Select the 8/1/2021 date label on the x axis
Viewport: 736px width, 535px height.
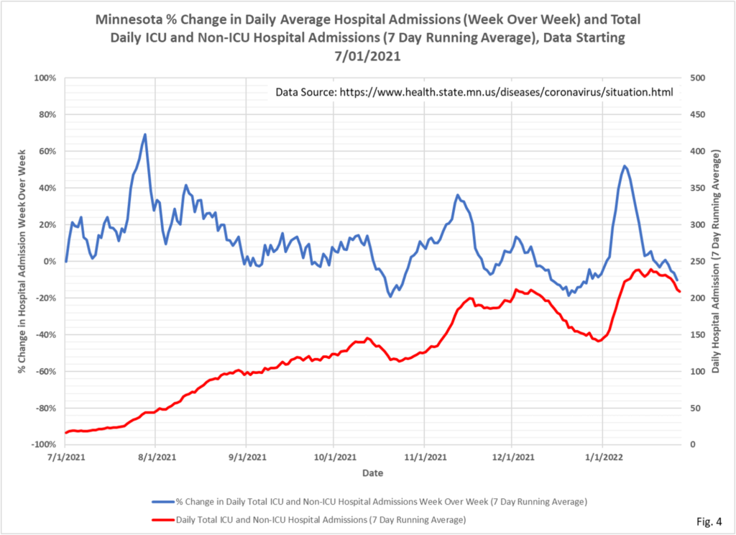point(155,457)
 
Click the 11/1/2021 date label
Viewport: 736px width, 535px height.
point(423,457)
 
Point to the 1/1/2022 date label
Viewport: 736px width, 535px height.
point(602,457)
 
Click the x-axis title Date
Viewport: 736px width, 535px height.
point(372,473)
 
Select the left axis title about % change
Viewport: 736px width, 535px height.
point(23,260)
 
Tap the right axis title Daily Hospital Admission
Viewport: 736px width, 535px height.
point(716,260)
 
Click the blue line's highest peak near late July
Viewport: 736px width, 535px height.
point(145,134)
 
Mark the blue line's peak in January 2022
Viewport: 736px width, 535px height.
point(625,166)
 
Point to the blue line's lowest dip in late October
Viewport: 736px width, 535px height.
point(390,296)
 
